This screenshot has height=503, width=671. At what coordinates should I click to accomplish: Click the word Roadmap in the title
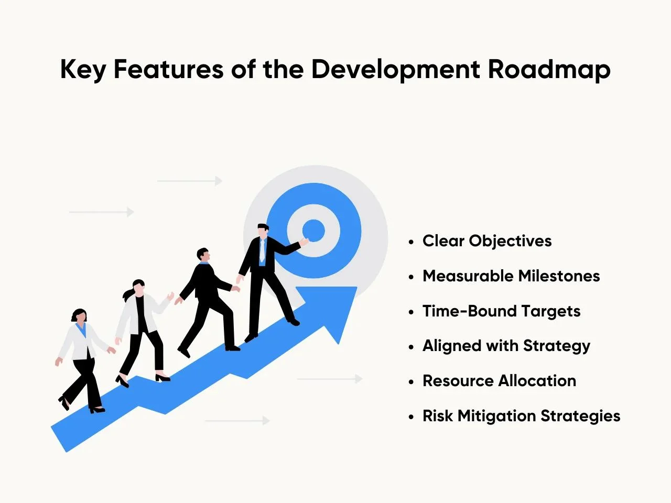[549, 70]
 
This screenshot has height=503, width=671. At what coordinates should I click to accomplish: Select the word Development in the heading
[396, 70]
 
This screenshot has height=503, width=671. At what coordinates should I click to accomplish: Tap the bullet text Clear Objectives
[487, 241]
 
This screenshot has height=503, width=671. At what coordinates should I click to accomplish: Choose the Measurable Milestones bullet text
[511, 276]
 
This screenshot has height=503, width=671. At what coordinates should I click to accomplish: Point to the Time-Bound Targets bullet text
[501, 311]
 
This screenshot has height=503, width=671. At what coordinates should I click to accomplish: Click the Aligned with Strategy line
[506, 346]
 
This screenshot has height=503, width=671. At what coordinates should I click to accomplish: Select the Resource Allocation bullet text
[499, 381]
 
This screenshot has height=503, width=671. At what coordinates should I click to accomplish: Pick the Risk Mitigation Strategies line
[521, 416]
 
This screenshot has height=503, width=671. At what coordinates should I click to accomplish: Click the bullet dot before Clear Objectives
[411, 242]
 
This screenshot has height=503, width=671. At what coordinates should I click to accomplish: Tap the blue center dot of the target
[313, 231]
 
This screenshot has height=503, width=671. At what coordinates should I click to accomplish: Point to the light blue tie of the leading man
[262, 250]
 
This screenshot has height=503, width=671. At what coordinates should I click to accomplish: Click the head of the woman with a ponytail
[138, 288]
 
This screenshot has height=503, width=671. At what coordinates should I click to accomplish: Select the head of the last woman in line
[79, 316]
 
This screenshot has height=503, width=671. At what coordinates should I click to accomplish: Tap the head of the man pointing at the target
[263, 231]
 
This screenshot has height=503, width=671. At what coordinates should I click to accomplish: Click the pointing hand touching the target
[304, 242]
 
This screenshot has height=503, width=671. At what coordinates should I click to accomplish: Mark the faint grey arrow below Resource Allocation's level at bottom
[237, 421]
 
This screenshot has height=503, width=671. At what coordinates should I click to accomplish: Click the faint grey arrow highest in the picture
[190, 181]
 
